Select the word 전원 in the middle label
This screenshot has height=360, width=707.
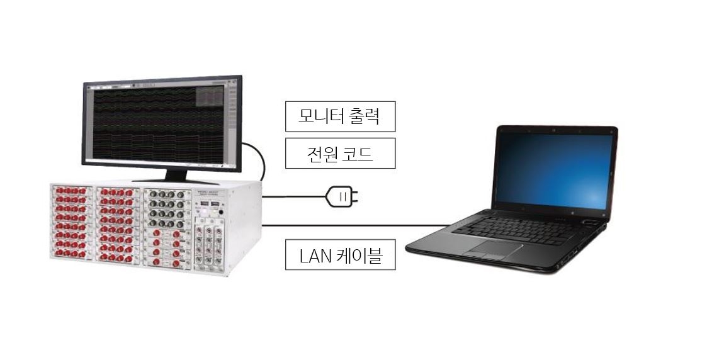point(321,154)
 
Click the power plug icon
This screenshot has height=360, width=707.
point(342,197)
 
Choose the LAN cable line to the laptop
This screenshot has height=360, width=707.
point(353,225)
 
